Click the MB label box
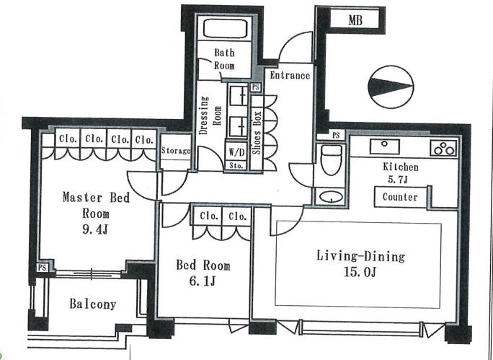(x=355, y=20)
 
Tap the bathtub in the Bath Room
(x=224, y=29)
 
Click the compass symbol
(x=391, y=87)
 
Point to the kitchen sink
(x=385, y=146)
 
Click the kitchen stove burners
(x=443, y=148)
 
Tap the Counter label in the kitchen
(x=400, y=197)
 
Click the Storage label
(x=176, y=151)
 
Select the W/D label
(x=236, y=153)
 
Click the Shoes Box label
(x=257, y=133)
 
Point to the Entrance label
(x=290, y=76)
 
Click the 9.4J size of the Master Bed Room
(x=96, y=230)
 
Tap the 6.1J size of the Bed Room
(x=202, y=281)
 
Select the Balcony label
(x=93, y=304)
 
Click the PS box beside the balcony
(x=42, y=268)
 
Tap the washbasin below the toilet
(x=331, y=197)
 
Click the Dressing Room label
(x=210, y=115)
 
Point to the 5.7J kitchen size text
(x=398, y=180)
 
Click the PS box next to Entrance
(x=256, y=87)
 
